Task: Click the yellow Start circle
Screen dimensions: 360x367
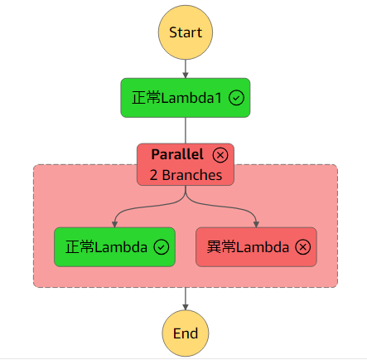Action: [186, 32]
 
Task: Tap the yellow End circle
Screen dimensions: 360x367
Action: [186, 333]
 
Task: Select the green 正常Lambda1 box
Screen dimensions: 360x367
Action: [186, 98]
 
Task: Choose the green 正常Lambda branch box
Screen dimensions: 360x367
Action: [114, 246]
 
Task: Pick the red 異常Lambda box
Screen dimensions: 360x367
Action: [256, 246]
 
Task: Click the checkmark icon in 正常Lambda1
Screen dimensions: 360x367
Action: [236, 98]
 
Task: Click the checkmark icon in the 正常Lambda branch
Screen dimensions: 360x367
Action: [162, 246]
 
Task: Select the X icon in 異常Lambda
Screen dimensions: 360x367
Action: [303, 246]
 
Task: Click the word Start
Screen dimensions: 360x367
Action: [186, 32]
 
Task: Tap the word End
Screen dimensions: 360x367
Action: [186, 333]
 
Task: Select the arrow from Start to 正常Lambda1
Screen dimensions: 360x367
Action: [186, 70]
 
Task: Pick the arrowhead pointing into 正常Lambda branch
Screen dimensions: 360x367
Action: [114, 222]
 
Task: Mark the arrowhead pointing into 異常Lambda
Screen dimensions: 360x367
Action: [256, 222]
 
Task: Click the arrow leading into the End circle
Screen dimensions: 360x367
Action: [186, 299]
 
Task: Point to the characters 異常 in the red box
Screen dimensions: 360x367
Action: [220, 246]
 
